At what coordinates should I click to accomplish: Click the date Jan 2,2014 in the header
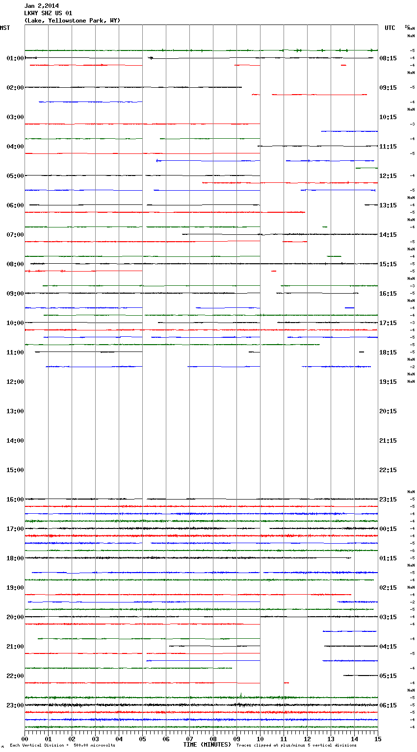point(41,6)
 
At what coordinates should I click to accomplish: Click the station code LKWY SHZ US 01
point(48,13)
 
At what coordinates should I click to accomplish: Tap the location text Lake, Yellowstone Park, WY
point(72,21)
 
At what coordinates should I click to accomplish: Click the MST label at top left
point(5,28)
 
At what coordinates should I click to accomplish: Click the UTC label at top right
point(390,28)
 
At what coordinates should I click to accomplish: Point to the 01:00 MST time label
point(15,58)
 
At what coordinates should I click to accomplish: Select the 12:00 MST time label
point(15,382)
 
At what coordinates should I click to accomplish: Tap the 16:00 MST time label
point(15,500)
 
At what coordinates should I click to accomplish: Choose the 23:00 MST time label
point(15,705)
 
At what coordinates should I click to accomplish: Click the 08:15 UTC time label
point(388,58)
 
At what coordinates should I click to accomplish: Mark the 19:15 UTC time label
point(388,382)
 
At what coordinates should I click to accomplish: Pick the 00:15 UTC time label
point(388,529)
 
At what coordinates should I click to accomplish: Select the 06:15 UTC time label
point(388,705)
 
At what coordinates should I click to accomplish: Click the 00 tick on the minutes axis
point(25,739)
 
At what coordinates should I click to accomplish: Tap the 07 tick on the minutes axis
point(190,739)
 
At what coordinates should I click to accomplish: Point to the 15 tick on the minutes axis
point(378,739)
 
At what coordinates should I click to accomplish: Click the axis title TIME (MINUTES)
point(207,745)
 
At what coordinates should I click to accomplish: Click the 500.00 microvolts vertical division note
point(62,746)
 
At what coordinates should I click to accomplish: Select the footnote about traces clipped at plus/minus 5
point(296,746)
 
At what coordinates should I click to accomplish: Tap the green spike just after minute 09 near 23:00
point(241,695)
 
